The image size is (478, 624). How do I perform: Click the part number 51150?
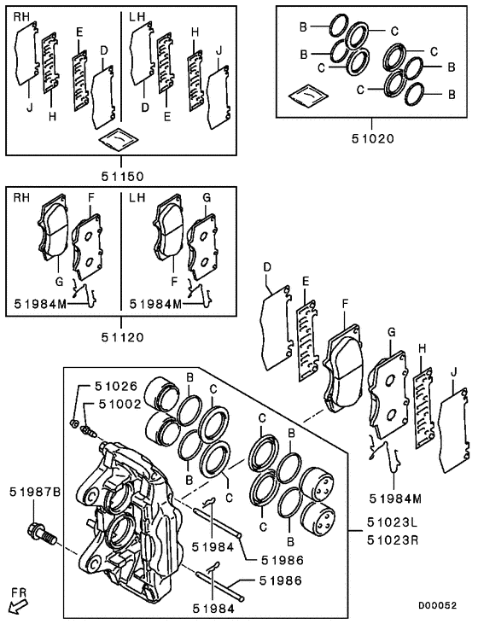click(x=119, y=177)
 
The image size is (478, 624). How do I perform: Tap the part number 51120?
click(x=119, y=336)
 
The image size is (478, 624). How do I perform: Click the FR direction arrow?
click(x=18, y=605)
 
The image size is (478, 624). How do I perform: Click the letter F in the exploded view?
click(x=345, y=303)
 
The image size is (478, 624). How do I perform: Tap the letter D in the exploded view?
click(x=266, y=267)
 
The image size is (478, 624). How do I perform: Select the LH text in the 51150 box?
click(x=138, y=17)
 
